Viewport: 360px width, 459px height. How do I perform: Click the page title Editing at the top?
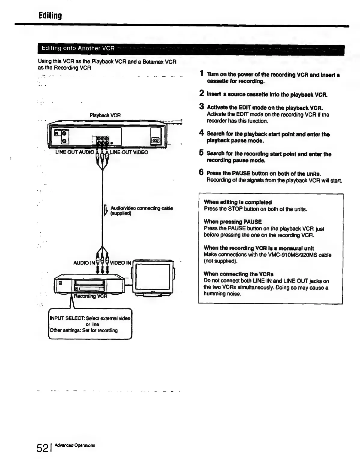click(x=50, y=16)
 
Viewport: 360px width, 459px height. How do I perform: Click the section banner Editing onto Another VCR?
click(x=78, y=48)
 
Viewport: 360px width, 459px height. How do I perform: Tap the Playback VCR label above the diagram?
click(x=105, y=115)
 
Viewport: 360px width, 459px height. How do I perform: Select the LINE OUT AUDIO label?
click(x=75, y=152)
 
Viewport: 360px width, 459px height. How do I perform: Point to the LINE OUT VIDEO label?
click(x=129, y=152)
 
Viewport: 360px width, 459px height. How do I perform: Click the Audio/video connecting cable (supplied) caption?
click(x=141, y=211)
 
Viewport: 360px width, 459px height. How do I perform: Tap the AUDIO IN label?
click(x=84, y=263)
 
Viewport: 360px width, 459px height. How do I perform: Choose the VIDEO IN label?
click(x=121, y=263)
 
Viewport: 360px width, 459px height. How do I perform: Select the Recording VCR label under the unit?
click(x=90, y=296)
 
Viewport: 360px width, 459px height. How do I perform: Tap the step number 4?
click(x=202, y=133)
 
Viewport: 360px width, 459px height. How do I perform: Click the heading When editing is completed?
click(x=237, y=202)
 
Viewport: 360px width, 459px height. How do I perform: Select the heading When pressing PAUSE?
click(x=233, y=222)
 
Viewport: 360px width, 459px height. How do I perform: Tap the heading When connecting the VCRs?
click(x=239, y=274)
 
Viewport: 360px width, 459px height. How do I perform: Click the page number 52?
click(x=42, y=448)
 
